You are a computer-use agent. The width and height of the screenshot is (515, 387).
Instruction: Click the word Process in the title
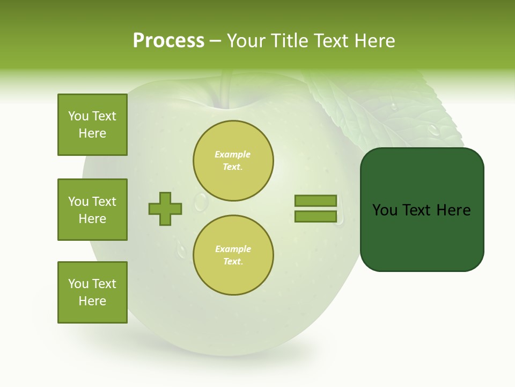(x=168, y=41)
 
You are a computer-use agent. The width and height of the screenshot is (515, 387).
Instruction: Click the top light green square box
(x=92, y=125)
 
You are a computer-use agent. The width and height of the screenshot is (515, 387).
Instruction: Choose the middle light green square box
(x=92, y=210)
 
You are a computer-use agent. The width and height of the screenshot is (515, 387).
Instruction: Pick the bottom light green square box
(x=92, y=292)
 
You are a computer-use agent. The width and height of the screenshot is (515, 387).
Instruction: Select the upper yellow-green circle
(x=233, y=161)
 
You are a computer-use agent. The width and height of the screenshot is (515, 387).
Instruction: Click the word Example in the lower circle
(x=233, y=249)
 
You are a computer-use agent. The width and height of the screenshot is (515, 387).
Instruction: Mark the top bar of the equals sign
(x=316, y=201)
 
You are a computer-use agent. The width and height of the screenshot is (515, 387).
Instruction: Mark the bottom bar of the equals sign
(x=316, y=216)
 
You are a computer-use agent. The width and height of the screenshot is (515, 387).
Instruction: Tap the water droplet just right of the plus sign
(x=201, y=202)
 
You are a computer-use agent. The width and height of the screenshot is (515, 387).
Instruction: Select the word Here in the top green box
(x=92, y=133)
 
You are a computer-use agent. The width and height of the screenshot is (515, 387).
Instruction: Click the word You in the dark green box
(x=385, y=210)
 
